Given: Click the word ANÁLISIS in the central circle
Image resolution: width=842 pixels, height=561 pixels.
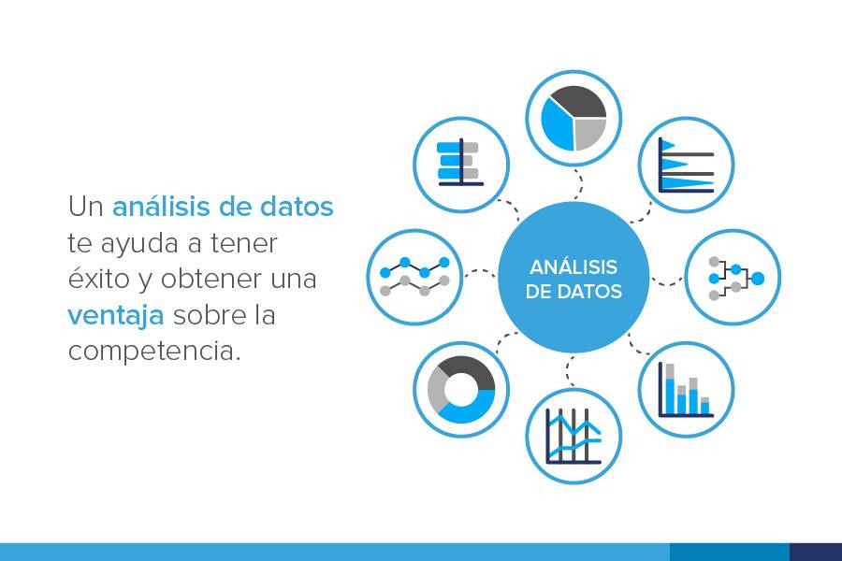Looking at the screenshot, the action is pyautogui.click(x=573, y=266).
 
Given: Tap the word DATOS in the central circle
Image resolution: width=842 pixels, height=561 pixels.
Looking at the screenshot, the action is pyautogui.click(x=589, y=292).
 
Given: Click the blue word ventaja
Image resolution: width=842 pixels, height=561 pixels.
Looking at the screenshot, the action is pyautogui.click(x=115, y=315).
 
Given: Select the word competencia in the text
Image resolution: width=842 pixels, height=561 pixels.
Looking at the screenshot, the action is pyautogui.click(x=154, y=352).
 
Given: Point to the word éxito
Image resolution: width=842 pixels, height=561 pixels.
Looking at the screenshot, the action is pyautogui.click(x=100, y=278).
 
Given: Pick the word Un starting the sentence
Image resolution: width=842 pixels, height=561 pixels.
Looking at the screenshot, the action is pyautogui.click(x=85, y=207).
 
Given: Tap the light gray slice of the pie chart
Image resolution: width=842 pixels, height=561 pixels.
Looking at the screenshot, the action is pyautogui.click(x=589, y=133).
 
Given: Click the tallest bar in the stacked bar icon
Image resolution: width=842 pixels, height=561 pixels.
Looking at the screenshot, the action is pyautogui.click(x=670, y=388).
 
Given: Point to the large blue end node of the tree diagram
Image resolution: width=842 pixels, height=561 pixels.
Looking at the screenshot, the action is pyautogui.click(x=757, y=278).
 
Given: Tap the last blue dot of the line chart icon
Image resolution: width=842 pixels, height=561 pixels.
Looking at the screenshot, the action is pyautogui.click(x=444, y=262).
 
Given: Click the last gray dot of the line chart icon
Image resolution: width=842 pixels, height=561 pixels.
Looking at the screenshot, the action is pyautogui.click(x=444, y=280).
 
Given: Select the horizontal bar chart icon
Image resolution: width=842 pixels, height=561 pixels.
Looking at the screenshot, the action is pyautogui.click(x=460, y=164).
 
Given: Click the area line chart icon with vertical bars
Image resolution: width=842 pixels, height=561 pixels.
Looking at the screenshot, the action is pyautogui.click(x=573, y=436).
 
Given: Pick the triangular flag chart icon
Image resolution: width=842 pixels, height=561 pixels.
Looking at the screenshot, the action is pyautogui.click(x=687, y=165).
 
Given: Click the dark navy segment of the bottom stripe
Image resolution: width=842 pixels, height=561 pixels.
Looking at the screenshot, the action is pyautogui.click(x=816, y=552).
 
